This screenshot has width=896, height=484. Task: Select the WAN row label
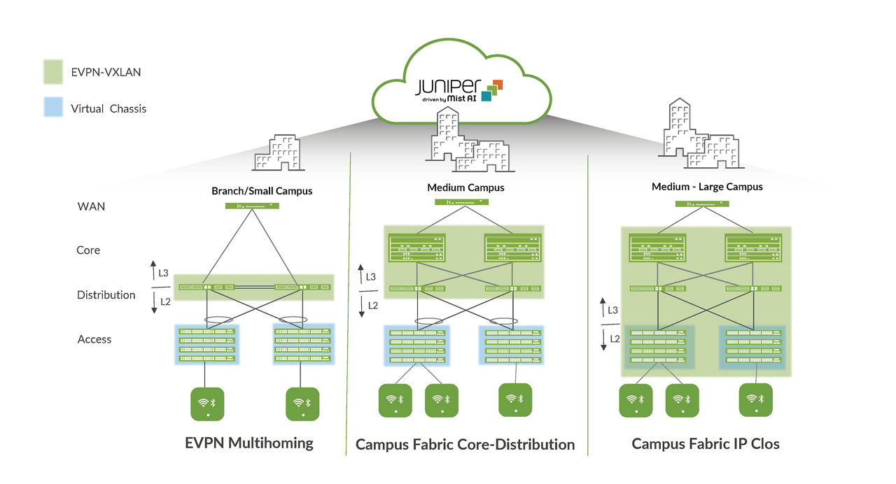point(91,206)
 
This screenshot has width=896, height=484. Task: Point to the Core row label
point(88,250)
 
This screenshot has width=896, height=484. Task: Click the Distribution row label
point(106,294)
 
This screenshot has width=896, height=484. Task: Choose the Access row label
point(94,339)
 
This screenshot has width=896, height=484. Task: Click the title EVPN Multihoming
point(249,443)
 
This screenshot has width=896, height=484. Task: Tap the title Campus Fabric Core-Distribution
point(465,444)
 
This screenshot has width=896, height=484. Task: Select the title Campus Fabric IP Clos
point(705,443)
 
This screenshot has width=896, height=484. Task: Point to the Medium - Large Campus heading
point(707,187)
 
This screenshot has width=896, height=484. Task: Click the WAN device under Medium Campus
point(461,201)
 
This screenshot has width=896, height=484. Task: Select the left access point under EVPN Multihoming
point(208,404)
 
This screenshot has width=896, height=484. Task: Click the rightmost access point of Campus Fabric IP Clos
point(755,400)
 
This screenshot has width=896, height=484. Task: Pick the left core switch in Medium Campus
point(417,248)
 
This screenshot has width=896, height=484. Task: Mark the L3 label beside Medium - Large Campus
point(612,309)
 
